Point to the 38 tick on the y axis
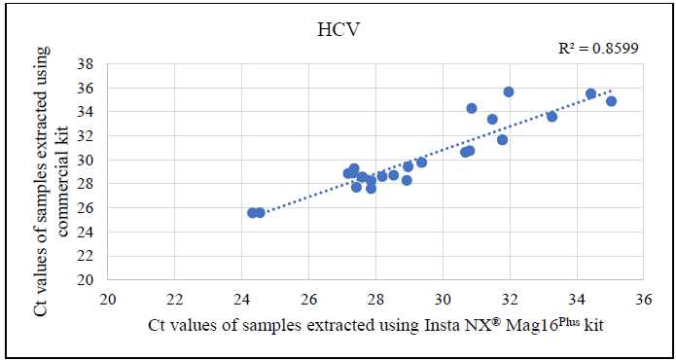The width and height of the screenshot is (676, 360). point(87,64)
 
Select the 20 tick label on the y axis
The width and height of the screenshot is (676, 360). point(87,280)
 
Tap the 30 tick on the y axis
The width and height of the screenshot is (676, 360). point(87,161)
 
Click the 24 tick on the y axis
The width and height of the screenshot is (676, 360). point(87,233)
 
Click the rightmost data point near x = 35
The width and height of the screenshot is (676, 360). point(611,101)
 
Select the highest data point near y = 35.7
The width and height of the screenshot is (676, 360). point(509,91)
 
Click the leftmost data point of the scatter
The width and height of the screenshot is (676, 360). point(253,212)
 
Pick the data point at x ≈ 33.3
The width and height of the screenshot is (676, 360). point(552,117)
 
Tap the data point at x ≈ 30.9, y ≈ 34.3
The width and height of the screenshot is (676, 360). point(472,108)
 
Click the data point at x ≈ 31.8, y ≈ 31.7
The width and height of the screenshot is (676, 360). point(502,140)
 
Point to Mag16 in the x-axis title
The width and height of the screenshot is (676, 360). point(529,323)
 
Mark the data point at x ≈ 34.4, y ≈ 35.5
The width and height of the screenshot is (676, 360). point(590,93)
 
